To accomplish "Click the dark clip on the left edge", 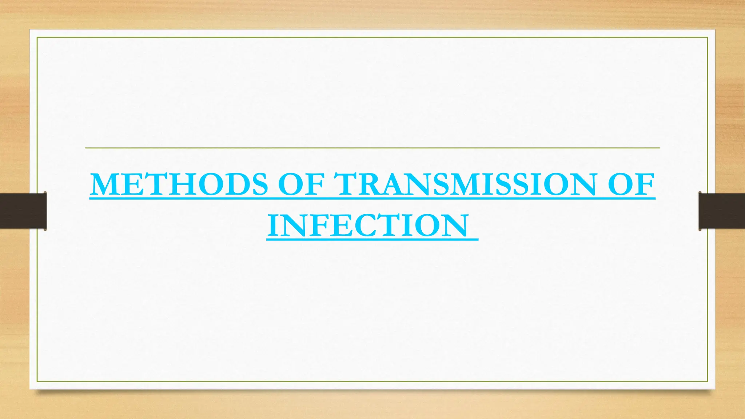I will [23, 211].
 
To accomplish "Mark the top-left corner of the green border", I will [37, 37].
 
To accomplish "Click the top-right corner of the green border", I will [708, 37].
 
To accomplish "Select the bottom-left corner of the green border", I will [37, 382].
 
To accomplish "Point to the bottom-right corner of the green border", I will [708, 382].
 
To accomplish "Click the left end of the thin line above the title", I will [86, 148].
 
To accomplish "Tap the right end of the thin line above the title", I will [659, 148].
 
